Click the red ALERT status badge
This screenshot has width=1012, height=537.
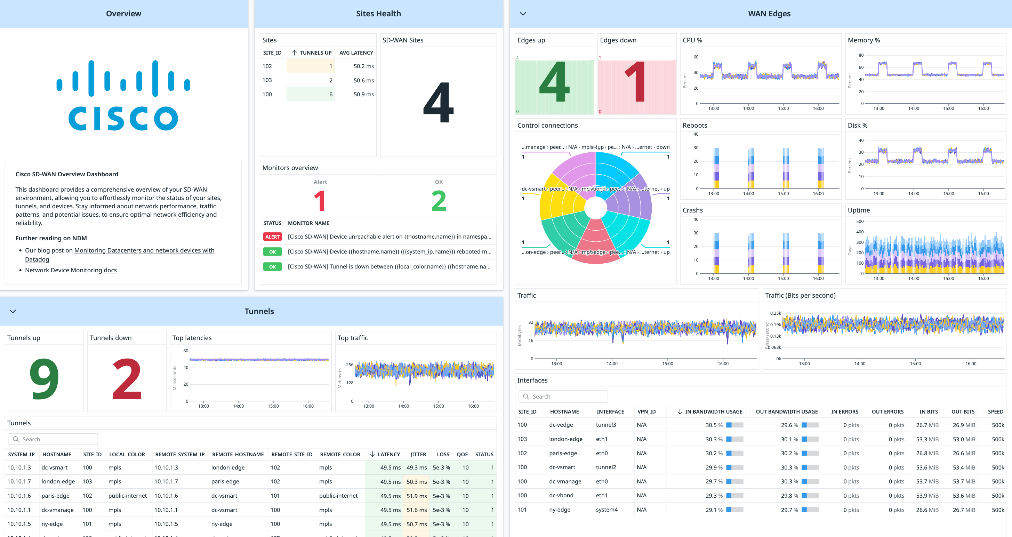tap(272, 237)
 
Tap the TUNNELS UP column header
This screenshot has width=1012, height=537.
tap(315, 53)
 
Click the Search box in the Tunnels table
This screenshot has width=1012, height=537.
tap(53, 439)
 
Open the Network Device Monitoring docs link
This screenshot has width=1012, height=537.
tap(110, 270)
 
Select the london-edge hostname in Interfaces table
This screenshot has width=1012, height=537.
tap(565, 439)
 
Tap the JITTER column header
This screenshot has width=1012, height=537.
tap(418, 455)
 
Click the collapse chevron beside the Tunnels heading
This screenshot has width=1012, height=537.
tap(13, 312)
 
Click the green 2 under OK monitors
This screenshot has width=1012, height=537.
tap(439, 201)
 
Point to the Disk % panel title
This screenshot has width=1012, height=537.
tap(857, 125)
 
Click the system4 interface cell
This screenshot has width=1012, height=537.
tap(607, 510)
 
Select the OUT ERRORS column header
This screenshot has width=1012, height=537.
tap(887, 412)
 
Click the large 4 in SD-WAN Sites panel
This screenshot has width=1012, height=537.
tap(438, 103)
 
